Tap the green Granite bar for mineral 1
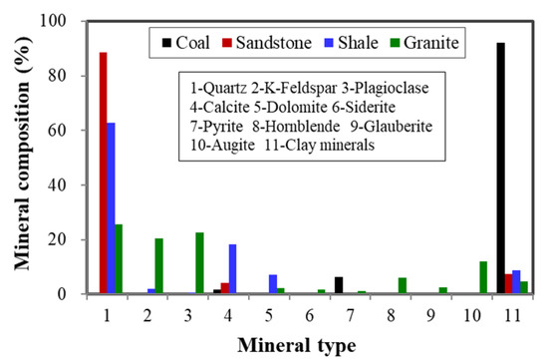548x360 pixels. coord(120,259)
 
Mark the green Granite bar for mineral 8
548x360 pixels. coord(402,285)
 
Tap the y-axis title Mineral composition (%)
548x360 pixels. coord(21,158)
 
